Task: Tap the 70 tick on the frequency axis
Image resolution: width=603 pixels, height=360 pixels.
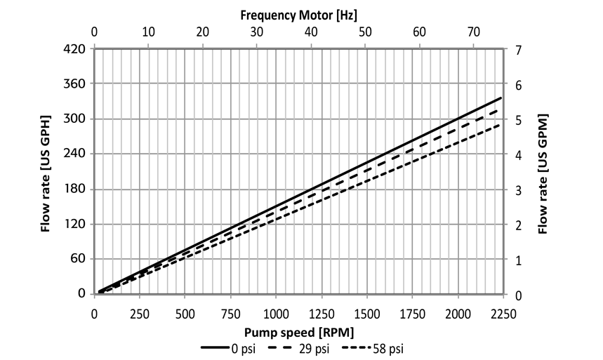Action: click(474, 32)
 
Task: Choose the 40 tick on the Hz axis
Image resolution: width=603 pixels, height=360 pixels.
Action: click(311, 32)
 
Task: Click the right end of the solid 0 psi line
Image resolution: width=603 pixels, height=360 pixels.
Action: click(501, 98)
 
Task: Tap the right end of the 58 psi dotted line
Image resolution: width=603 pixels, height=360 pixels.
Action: click(501, 125)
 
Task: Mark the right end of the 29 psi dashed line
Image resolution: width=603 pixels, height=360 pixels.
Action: click(501, 110)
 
